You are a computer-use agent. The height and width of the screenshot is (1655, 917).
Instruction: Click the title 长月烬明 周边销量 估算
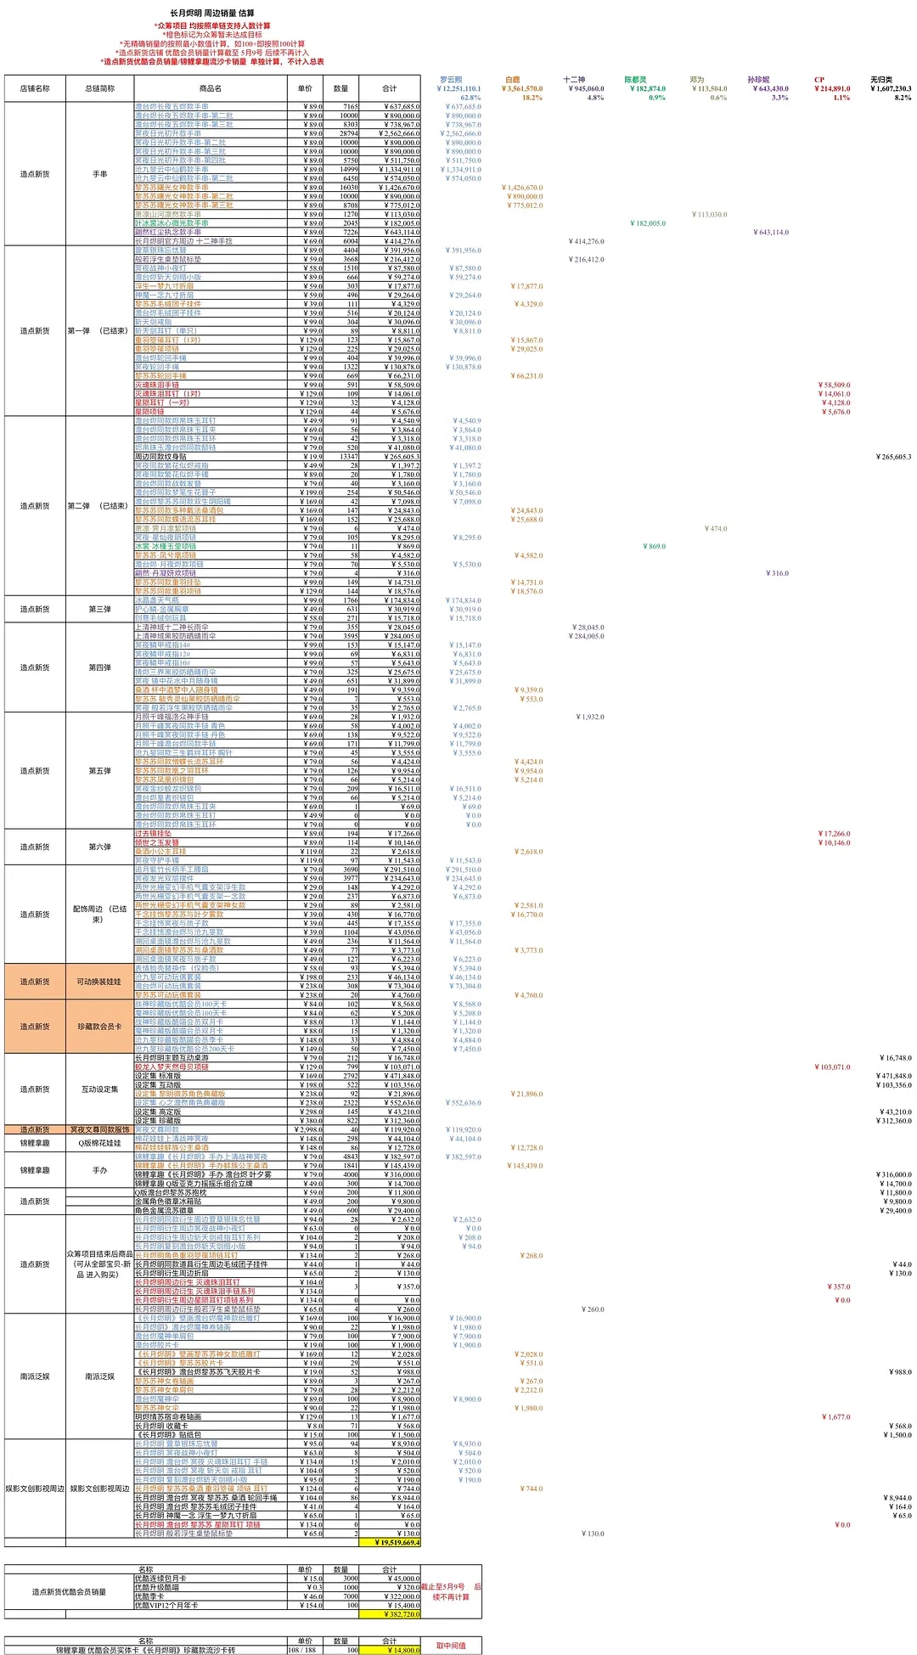(212, 14)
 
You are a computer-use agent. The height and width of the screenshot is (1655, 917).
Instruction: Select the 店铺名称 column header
(35, 88)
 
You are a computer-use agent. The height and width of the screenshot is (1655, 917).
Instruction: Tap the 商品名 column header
(211, 88)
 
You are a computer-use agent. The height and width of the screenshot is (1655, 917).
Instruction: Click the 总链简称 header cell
(99, 88)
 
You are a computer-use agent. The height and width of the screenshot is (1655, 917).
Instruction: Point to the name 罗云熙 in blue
(451, 80)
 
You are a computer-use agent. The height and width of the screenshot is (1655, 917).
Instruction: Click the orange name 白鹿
(512, 80)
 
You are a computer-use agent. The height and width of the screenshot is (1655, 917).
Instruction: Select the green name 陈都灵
(635, 80)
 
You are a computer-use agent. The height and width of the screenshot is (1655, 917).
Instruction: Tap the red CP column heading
(819, 80)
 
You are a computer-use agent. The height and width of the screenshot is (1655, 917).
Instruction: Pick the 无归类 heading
(881, 80)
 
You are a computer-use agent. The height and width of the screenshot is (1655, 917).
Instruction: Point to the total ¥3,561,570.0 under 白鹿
(521, 88)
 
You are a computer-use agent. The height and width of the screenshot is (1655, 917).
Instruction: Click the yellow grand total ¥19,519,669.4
(397, 1543)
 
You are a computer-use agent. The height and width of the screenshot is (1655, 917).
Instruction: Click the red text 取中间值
(451, 1646)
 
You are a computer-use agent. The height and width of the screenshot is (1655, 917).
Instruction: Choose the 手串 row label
(99, 174)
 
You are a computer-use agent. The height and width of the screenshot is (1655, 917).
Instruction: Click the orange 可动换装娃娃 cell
(99, 982)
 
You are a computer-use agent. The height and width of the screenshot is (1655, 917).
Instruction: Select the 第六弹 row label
(99, 847)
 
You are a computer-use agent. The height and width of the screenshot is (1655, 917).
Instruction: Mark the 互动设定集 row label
(99, 1089)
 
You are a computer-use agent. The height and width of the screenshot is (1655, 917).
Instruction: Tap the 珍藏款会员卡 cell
(99, 1027)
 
